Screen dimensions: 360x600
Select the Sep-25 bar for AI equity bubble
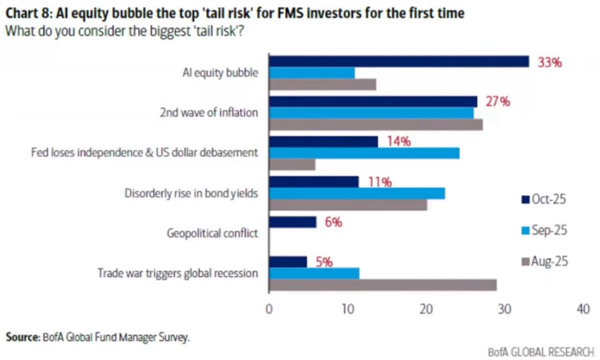tap(312, 73)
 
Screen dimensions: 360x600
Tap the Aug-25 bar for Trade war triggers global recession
tap(382, 285)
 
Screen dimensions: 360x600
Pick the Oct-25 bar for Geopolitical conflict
tap(293, 222)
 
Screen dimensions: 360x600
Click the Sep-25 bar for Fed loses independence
tap(364, 153)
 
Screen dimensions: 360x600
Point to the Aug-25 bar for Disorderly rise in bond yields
tap(348, 205)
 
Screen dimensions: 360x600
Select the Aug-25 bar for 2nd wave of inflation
tap(375, 125)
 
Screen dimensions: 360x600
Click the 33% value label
tap(550, 63)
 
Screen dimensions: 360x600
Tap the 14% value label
tap(399, 142)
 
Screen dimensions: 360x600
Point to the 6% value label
tap(333, 222)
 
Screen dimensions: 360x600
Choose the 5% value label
tap(323, 262)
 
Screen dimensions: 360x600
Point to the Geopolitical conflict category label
tap(212, 232)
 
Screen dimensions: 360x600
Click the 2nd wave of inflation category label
tap(209, 113)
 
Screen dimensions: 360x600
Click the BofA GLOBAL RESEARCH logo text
tap(540, 352)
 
